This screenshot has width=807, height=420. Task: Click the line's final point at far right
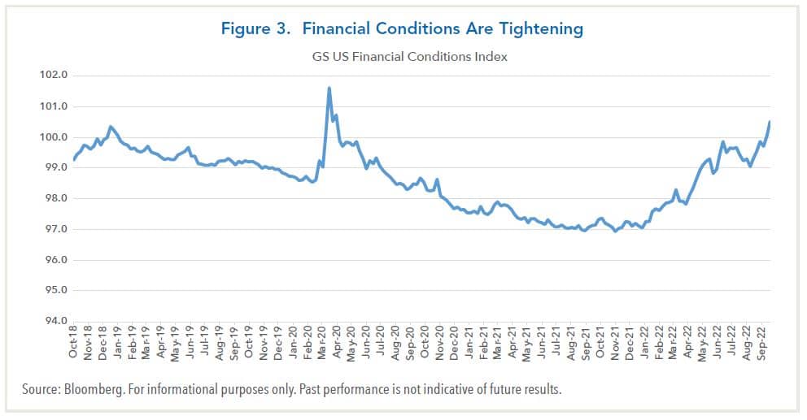tap(770, 122)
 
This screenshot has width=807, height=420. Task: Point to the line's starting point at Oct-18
tap(74, 159)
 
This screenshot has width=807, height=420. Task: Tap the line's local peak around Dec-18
tap(110, 127)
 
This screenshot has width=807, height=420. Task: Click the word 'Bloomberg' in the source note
tap(91, 390)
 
